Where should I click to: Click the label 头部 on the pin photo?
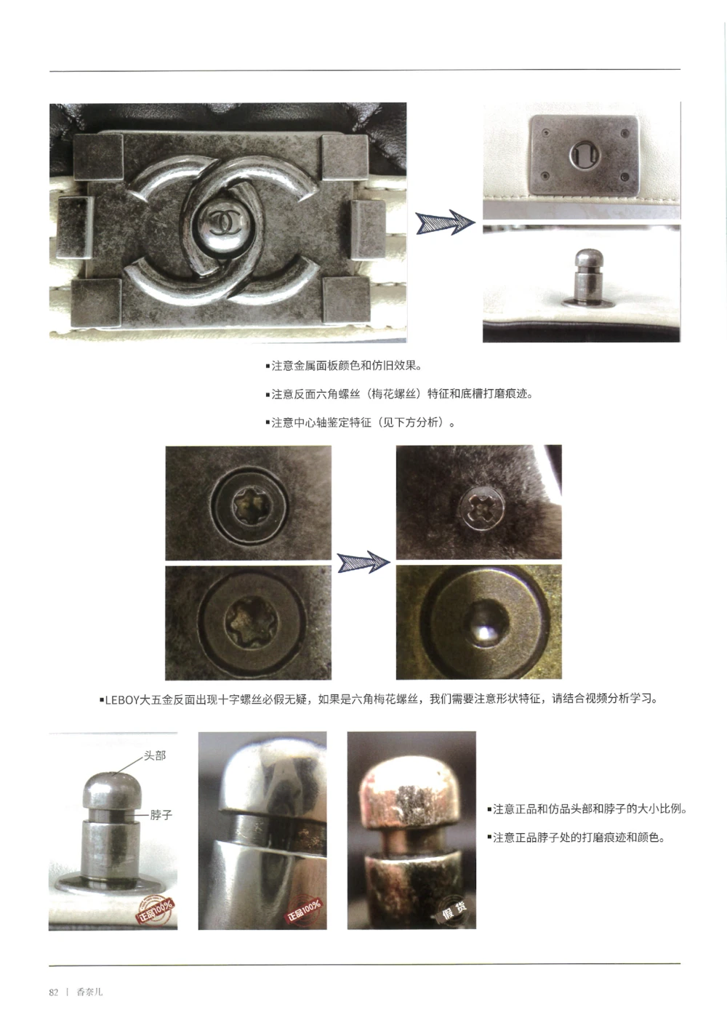[x=155, y=756]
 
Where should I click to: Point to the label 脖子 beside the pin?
[x=161, y=815]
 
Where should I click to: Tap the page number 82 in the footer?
[x=54, y=992]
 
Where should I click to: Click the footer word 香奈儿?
[x=89, y=992]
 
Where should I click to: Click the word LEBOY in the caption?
[x=122, y=700]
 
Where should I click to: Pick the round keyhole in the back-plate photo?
[x=582, y=153]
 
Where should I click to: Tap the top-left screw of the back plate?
[x=542, y=133]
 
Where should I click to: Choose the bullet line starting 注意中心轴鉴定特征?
[x=361, y=422]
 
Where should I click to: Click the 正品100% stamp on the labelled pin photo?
[x=156, y=909]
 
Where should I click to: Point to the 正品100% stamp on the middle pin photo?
[x=303, y=909]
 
